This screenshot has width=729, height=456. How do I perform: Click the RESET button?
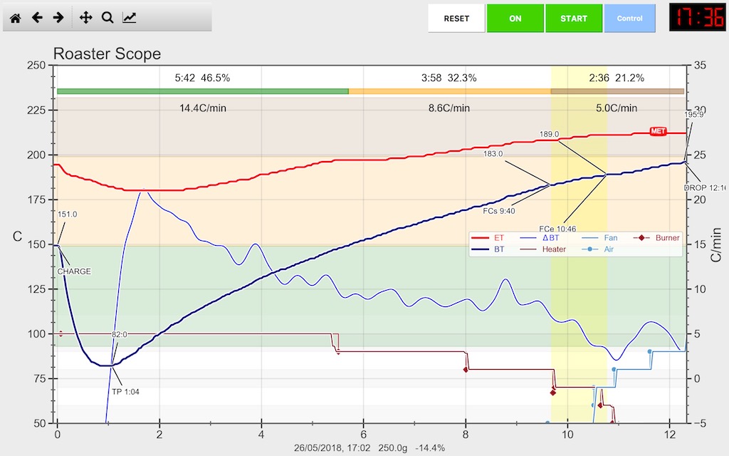pyautogui.click(x=456, y=19)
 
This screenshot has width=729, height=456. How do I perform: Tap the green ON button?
pyautogui.click(x=515, y=19)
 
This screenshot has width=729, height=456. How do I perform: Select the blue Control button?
pyautogui.click(x=629, y=19)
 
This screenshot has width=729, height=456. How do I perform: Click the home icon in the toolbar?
pyautogui.click(x=15, y=18)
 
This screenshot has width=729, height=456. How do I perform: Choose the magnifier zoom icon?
pyautogui.click(x=107, y=18)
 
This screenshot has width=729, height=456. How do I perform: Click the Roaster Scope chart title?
pyautogui.click(x=107, y=54)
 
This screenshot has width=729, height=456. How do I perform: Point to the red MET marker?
pyautogui.click(x=659, y=132)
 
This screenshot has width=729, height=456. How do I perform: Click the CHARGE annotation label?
pyautogui.click(x=74, y=271)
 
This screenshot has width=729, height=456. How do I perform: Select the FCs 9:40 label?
pyautogui.click(x=499, y=211)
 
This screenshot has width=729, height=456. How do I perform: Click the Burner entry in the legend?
pyautogui.click(x=664, y=238)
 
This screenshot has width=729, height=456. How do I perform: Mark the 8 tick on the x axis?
pyautogui.click(x=466, y=434)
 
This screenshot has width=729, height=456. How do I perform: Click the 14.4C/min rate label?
pyautogui.click(x=203, y=108)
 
